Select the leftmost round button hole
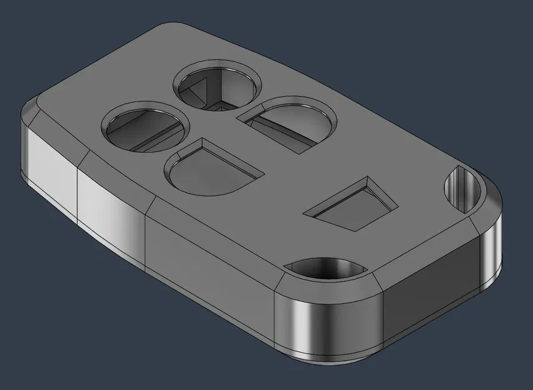coord(145,127)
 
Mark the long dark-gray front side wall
coord(209,275)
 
